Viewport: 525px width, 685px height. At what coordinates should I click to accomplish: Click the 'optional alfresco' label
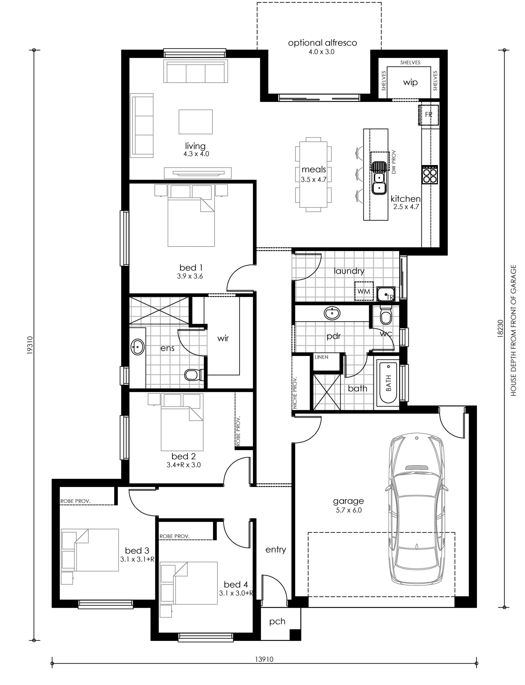tap(322, 43)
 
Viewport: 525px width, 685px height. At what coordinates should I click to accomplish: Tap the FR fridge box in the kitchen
tap(429, 115)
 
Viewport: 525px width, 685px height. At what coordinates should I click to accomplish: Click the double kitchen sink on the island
tap(379, 178)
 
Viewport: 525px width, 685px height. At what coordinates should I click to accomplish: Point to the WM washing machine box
tap(364, 291)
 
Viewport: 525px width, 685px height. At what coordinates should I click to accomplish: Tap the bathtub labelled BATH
tap(388, 383)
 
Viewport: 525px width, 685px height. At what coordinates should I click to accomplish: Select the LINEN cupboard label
tap(321, 357)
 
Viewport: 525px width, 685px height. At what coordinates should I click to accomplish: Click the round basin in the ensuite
tap(137, 347)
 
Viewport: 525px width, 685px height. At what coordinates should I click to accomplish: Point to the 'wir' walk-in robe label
tap(223, 338)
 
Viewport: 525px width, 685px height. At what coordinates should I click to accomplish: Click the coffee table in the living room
tap(195, 122)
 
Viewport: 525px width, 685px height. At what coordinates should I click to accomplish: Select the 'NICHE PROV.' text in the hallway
tap(295, 393)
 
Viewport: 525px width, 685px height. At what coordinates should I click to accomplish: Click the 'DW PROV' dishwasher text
tap(394, 162)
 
